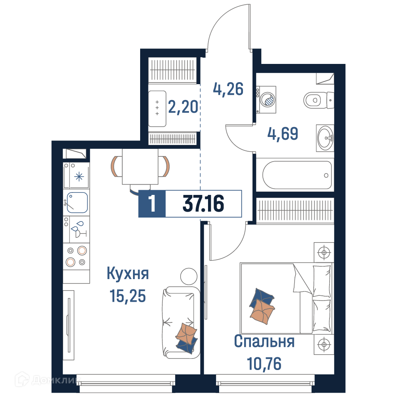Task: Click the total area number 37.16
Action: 203,204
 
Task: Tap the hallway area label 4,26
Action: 228,89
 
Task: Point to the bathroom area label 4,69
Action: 283,134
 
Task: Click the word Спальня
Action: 264,341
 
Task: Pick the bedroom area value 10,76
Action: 264,364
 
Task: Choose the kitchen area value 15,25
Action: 128,296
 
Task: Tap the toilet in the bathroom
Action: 318,100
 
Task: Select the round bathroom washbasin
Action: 326,138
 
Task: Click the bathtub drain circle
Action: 326,175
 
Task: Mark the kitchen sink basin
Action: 77,202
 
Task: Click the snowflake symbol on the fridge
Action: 79,177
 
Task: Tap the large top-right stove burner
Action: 82,251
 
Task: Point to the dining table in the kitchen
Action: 140,167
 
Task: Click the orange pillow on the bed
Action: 262,312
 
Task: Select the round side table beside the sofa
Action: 189,277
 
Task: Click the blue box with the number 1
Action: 152,204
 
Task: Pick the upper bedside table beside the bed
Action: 324,252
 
